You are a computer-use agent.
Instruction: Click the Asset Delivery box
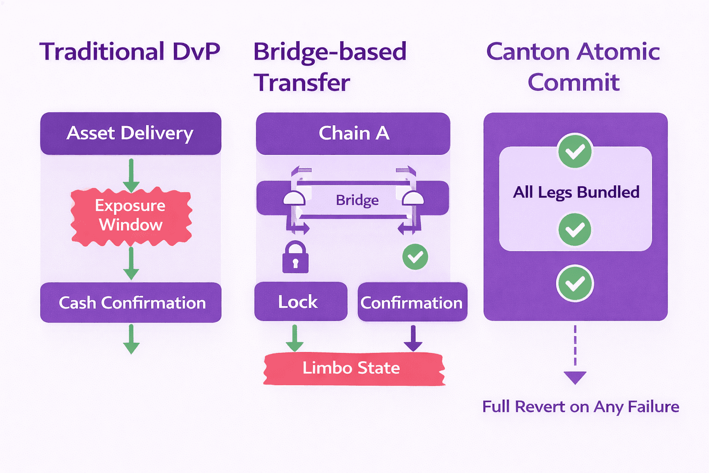tap(131, 133)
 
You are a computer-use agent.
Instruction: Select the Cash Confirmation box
tap(131, 303)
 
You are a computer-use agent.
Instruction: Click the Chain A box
tap(353, 133)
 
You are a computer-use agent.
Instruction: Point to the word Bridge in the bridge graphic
tap(357, 200)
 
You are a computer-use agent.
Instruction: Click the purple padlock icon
tap(295, 257)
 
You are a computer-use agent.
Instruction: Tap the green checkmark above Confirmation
tap(415, 257)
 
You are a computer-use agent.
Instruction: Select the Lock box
tap(300, 301)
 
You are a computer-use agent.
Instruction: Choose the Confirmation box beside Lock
tap(412, 302)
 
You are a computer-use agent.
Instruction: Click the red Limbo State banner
tap(354, 369)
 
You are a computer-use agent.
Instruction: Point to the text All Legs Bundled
tap(576, 192)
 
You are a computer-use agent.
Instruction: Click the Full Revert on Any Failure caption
tap(581, 406)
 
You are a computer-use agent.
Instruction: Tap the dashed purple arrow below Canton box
tap(575, 355)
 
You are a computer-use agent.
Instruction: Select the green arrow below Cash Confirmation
tap(131, 339)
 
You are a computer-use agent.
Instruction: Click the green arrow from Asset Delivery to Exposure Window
tap(131, 176)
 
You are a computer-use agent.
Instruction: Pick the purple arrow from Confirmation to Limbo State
tap(413, 339)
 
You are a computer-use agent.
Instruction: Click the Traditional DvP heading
tap(130, 51)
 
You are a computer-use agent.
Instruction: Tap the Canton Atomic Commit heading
tap(574, 67)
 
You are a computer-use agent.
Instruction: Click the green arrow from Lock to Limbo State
tap(294, 339)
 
